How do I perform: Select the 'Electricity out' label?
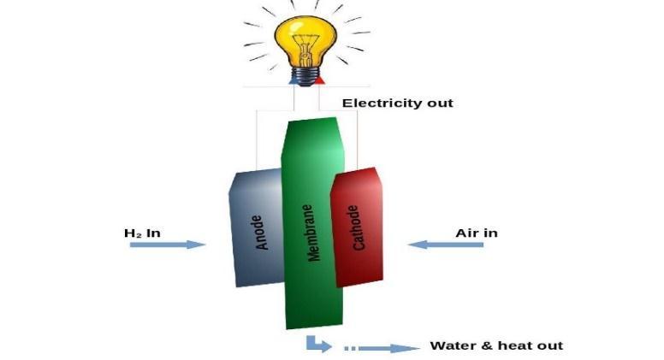397,103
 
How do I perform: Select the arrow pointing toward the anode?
168,245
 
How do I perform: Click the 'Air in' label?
477,233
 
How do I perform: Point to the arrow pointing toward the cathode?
445,245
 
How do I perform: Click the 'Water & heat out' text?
496,345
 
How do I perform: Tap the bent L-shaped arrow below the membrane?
317,345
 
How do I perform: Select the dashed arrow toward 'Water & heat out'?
376,348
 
